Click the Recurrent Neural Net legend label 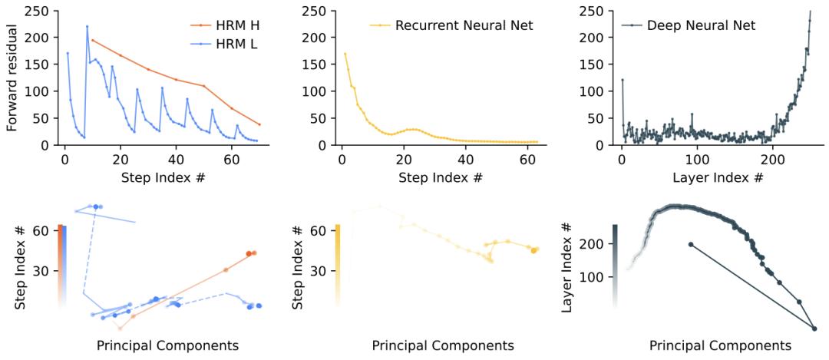click(x=464, y=25)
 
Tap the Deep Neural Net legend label click(x=701, y=25)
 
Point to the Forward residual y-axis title click(x=12, y=77)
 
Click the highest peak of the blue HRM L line click(x=87, y=26)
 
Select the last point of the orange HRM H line click(x=259, y=124)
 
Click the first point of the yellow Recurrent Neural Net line click(x=345, y=54)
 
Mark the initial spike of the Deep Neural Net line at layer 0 click(x=623, y=80)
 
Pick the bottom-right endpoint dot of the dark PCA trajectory click(x=814, y=329)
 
